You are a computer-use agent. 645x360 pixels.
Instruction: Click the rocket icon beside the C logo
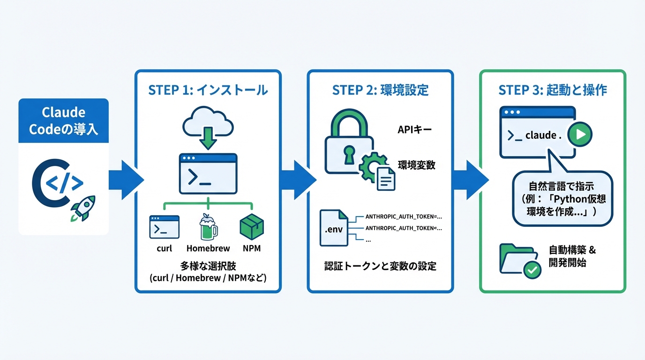(x=83, y=208)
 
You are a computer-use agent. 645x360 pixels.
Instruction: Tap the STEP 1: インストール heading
(x=208, y=90)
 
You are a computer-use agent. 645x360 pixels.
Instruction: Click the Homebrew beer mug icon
(x=208, y=227)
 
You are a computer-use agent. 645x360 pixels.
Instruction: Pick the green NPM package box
(x=252, y=227)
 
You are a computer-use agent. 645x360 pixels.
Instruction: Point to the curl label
(x=164, y=248)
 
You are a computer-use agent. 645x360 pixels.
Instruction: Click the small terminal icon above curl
(x=164, y=227)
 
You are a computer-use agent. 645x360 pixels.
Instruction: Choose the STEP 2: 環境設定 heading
(x=380, y=90)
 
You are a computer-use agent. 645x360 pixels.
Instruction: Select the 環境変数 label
(x=416, y=165)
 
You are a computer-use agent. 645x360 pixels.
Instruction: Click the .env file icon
(x=334, y=228)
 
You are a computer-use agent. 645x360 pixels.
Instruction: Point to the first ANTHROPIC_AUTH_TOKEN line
(x=403, y=217)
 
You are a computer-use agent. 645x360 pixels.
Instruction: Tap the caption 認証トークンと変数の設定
(x=380, y=266)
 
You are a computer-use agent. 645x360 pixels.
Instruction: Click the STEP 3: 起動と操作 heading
(x=553, y=90)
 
